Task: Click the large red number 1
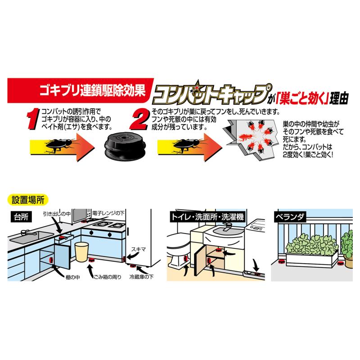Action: click(32, 118)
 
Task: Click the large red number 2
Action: click(139, 119)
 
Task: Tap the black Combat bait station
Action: click(125, 146)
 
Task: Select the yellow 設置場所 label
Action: click(28, 200)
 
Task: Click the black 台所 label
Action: click(21, 217)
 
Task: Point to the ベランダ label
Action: click(290, 217)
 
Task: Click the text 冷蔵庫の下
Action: click(141, 277)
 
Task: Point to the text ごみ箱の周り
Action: click(107, 277)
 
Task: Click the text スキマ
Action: click(139, 249)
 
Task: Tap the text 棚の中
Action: click(73, 277)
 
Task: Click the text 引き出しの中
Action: click(57, 214)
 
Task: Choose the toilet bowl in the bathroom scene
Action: click(178, 248)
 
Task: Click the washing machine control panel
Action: click(256, 228)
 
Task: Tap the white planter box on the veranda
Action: click(311, 259)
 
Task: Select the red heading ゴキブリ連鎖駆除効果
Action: click(93, 90)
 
